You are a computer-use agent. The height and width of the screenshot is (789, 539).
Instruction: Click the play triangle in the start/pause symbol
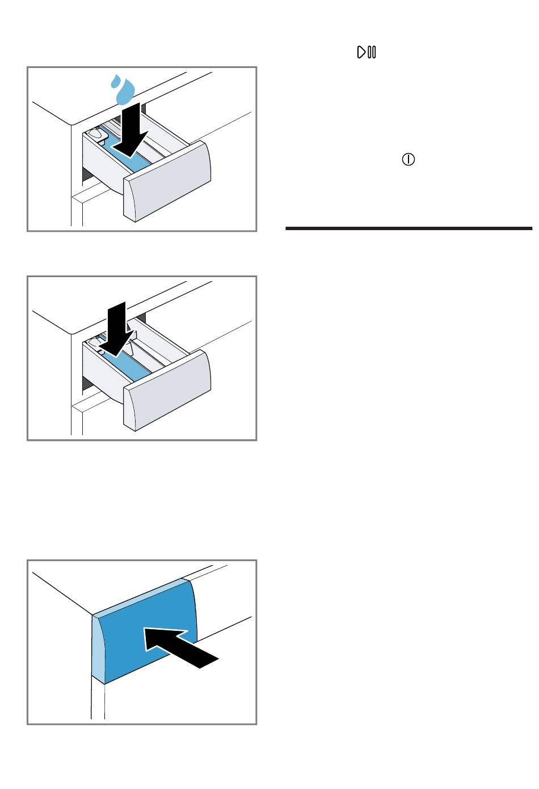pos(361,53)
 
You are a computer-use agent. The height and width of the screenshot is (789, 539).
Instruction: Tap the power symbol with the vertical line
pos(408,160)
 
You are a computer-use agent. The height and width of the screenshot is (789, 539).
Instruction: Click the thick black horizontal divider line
pos(409,228)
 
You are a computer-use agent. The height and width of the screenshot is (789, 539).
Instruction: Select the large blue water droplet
pos(125,91)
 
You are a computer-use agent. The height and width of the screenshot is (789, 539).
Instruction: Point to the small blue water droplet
pos(113,82)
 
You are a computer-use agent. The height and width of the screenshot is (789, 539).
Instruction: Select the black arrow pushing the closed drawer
pos(180,647)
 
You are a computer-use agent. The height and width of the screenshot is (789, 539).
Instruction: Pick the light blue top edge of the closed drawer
pos(142,597)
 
